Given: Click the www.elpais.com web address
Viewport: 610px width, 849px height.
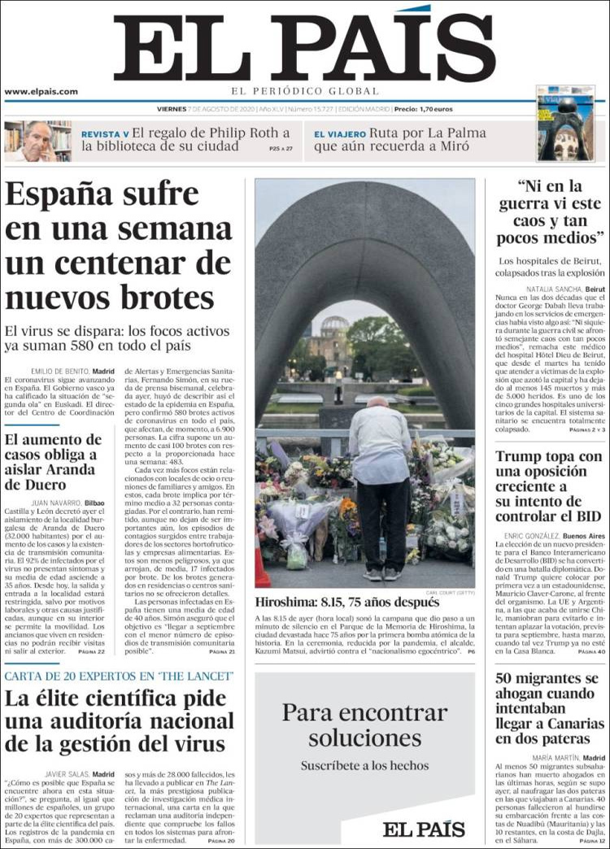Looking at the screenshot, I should click(41, 92).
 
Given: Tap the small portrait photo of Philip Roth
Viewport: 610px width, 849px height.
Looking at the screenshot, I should click(37, 141).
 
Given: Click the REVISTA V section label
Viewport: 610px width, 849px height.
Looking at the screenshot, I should click(105, 134).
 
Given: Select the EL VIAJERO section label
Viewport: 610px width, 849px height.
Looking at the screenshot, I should click(339, 134).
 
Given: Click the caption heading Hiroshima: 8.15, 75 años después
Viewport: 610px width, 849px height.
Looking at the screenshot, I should click(348, 603).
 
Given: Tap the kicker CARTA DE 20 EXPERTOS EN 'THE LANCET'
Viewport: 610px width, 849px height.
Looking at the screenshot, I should click(119, 677).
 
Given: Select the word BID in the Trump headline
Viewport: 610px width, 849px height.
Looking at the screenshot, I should click(583, 516).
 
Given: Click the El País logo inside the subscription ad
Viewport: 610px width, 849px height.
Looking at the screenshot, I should click(424, 829).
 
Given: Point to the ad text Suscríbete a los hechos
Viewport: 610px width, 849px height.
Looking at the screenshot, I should click(364, 765).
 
